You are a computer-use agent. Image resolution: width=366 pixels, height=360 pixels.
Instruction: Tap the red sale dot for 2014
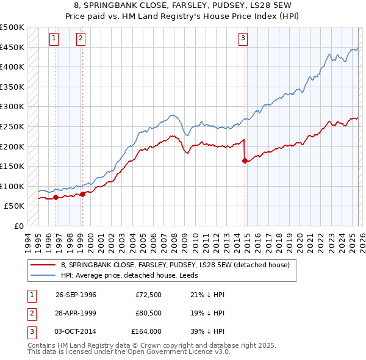(245, 161)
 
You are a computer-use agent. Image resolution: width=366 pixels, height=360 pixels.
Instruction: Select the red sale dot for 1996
(56, 197)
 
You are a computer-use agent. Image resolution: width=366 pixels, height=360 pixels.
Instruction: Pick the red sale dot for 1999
(82, 194)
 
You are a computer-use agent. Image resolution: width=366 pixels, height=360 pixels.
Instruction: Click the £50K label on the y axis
(15, 206)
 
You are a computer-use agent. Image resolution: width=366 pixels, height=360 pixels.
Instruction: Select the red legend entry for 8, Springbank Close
(178, 265)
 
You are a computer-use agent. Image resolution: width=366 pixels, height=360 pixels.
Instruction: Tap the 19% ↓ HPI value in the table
(199, 312)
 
